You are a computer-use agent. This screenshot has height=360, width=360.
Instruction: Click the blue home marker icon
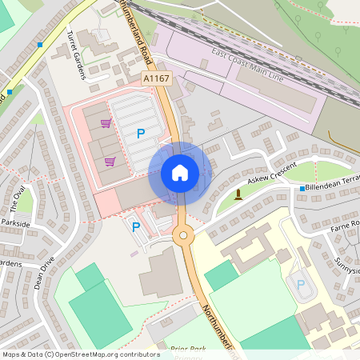point(180,172)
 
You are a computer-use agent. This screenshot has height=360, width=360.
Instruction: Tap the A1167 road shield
point(155,78)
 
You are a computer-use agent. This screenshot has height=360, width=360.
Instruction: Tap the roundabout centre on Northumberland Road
point(183,235)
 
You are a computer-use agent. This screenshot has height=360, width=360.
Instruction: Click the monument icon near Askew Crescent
point(238,194)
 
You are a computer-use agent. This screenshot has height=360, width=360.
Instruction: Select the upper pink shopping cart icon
point(106,123)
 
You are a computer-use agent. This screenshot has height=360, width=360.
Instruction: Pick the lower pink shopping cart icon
point(110,161)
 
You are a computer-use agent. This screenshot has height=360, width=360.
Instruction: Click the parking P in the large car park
point(141,134)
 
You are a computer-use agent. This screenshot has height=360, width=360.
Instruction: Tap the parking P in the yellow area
point(301,284)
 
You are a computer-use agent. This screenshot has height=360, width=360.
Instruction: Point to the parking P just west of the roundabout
point(135,227)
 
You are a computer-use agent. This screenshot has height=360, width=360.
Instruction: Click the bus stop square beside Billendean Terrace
point(302,189)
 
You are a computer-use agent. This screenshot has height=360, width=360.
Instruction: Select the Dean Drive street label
point(48,272)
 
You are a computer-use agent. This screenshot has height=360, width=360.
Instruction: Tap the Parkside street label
point(14,223)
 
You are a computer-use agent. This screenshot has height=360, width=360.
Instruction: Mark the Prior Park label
point(189,349)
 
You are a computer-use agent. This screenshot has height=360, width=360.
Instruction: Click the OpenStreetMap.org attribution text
point(104,354)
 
